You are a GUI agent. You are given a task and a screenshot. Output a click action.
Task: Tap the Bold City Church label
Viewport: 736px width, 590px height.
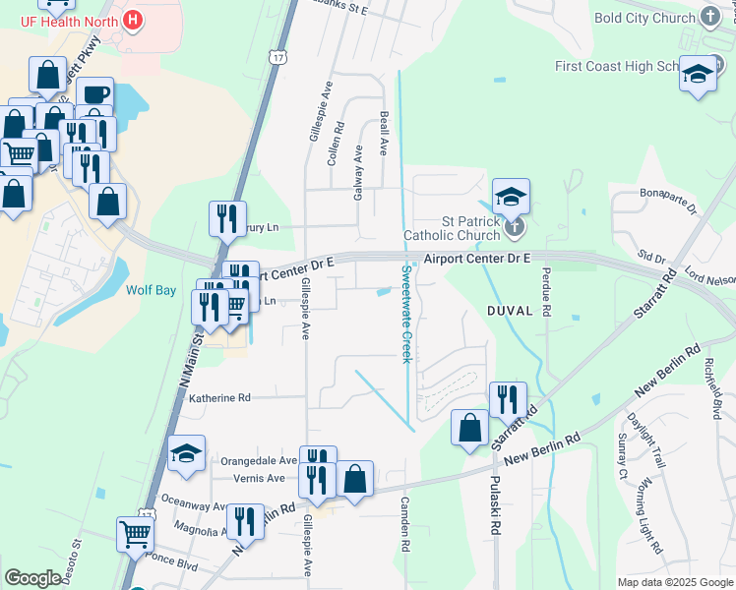point(645,18)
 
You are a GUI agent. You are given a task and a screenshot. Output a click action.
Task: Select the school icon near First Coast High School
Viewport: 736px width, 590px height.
point(698,75)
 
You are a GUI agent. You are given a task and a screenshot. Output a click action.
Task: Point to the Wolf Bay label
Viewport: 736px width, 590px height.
point(151,290)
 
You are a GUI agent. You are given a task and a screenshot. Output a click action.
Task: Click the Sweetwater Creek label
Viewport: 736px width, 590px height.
point(404,313)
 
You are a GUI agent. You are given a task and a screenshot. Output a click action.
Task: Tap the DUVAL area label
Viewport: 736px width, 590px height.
point(509,310)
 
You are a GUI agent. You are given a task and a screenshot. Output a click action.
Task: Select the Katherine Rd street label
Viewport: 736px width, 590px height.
point(219,398)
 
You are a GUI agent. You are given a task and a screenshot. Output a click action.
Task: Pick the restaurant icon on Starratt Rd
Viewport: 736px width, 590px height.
point(508,398)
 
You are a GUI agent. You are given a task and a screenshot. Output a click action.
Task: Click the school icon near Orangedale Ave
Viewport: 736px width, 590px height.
point(186,453)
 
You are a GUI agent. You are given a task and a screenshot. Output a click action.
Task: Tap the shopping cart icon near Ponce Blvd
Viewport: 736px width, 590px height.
point(136,534)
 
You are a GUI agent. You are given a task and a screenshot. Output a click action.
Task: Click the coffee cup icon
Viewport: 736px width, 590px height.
point(94,93)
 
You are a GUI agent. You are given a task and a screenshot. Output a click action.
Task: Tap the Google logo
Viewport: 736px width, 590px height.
point(32,578)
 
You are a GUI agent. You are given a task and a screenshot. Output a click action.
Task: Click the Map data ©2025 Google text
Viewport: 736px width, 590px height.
point(674,582)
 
